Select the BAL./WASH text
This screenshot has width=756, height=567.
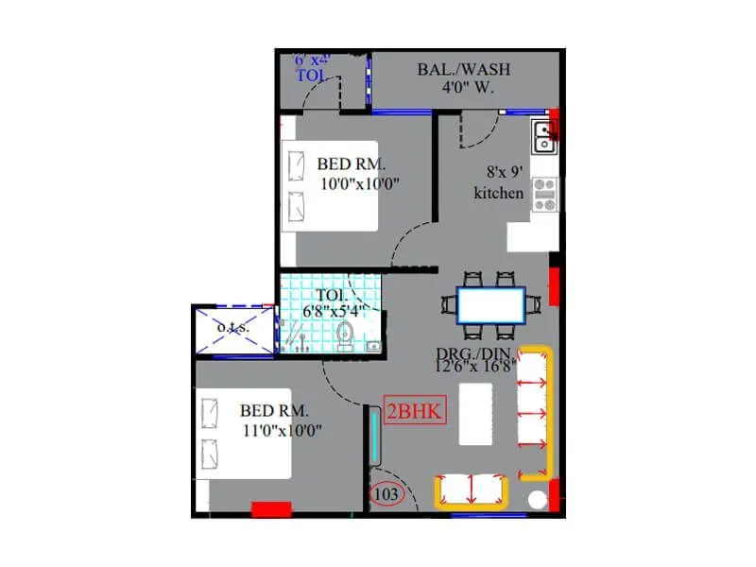pos(457,70)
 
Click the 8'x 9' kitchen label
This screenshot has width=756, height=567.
pos(498,182)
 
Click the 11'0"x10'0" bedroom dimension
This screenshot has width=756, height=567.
pos(282,430)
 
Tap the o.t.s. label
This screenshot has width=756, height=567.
pos(232,327)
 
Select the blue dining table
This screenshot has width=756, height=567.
pos(491,304)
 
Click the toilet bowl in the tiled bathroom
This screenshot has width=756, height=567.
pos(345,333)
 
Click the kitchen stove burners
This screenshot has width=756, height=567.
pos(545,194)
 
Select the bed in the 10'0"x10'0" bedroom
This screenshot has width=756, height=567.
pos(329,185)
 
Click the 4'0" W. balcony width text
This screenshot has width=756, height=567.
pos(458,88)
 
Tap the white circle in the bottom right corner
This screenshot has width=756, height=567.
pos(538,497)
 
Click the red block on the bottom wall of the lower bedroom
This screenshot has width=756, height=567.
pos(270,509)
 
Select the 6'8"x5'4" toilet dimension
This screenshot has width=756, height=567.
pos(333,310)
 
